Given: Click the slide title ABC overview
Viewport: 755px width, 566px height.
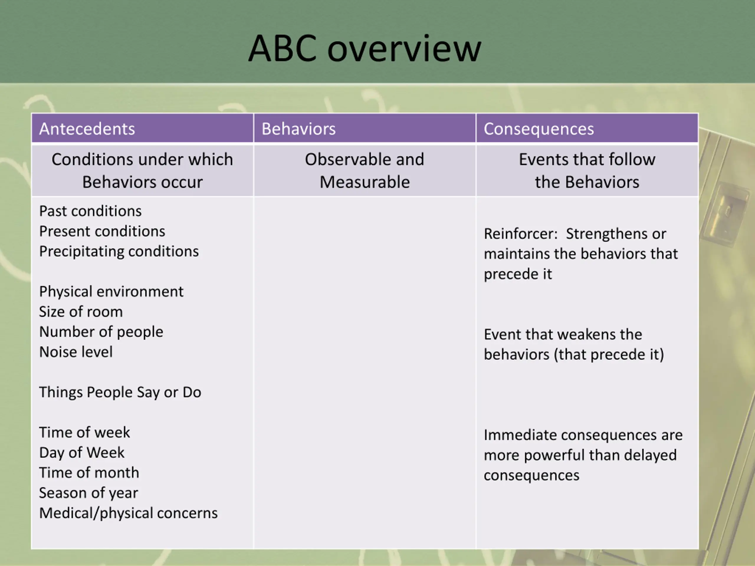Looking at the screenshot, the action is point(365,48).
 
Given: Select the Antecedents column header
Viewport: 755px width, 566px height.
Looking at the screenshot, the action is point(87,129).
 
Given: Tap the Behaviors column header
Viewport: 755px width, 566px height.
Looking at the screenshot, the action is point(298,129).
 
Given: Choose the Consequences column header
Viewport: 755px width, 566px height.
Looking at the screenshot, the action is point(539,129).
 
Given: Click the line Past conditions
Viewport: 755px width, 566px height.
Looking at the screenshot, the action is point(90,211).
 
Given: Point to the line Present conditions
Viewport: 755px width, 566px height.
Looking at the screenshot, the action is point(102,231).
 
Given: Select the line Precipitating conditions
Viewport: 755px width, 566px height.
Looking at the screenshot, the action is point(119,251).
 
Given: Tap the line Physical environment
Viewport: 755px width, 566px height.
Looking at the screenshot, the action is point(111,292).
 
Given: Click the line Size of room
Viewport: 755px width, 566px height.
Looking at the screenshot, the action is point(81,312).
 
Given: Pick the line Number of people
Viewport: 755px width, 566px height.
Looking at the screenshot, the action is point(101,332).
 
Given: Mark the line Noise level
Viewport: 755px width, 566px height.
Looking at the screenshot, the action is point(76,352).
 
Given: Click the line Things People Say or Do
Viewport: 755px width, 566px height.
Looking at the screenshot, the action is point(120,392).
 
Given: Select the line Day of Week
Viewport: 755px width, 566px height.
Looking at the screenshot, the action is point(82,453).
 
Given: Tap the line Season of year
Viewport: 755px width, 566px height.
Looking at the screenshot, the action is point(88,493).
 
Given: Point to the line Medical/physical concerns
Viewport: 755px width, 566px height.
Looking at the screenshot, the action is point(128,513).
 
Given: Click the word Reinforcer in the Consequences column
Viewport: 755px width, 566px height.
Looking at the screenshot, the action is point(520,234).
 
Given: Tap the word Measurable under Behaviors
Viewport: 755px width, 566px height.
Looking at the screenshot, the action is point(365,182).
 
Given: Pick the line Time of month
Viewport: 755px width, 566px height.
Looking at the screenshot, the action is point(89,473).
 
